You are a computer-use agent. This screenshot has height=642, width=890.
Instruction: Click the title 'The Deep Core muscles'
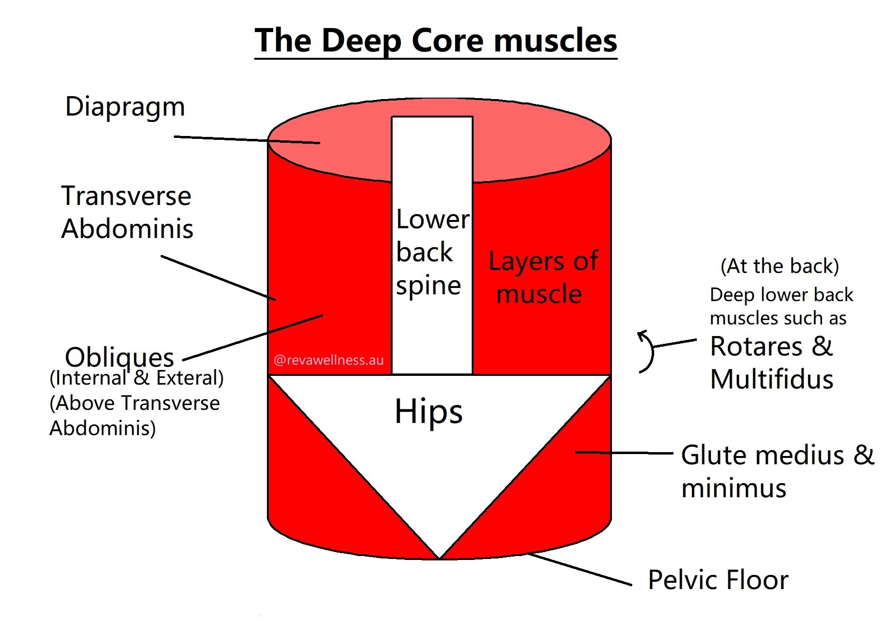point(435,41)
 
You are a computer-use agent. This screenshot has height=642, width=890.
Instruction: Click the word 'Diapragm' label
point(125,107)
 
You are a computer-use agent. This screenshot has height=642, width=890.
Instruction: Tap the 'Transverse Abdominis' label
point(127,212)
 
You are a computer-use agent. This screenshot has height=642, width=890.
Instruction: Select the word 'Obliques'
point(119,357)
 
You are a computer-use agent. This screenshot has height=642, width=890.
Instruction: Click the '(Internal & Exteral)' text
point(136,378)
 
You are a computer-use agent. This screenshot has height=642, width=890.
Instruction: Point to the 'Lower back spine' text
point(431,252)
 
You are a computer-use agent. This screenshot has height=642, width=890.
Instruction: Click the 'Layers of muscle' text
point(543,277)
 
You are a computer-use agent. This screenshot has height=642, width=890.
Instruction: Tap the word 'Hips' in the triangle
point(429,412)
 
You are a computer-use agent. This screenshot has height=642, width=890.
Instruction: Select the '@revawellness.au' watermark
point(329,360)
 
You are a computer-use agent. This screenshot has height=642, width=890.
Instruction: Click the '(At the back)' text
point(779,266)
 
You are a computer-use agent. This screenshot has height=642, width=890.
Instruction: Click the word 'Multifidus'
point(772,379)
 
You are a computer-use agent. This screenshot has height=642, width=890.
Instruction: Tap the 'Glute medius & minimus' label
point(776,471)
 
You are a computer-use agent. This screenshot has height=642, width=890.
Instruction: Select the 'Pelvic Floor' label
point(718,580)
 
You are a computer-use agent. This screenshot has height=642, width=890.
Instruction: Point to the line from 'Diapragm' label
point(245,140)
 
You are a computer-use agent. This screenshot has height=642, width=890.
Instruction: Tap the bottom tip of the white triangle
point(439,557)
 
